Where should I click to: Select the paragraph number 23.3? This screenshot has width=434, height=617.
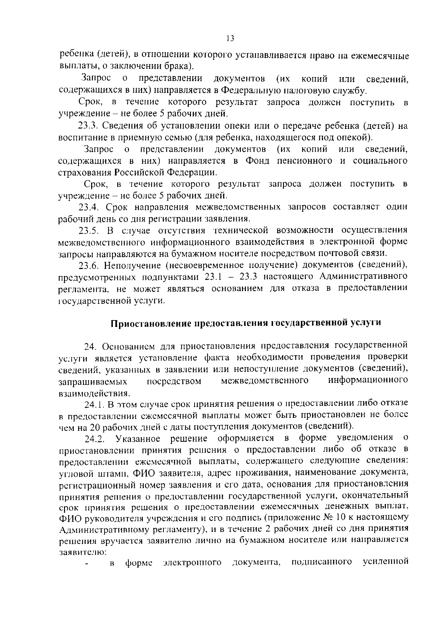click(89, 126)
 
